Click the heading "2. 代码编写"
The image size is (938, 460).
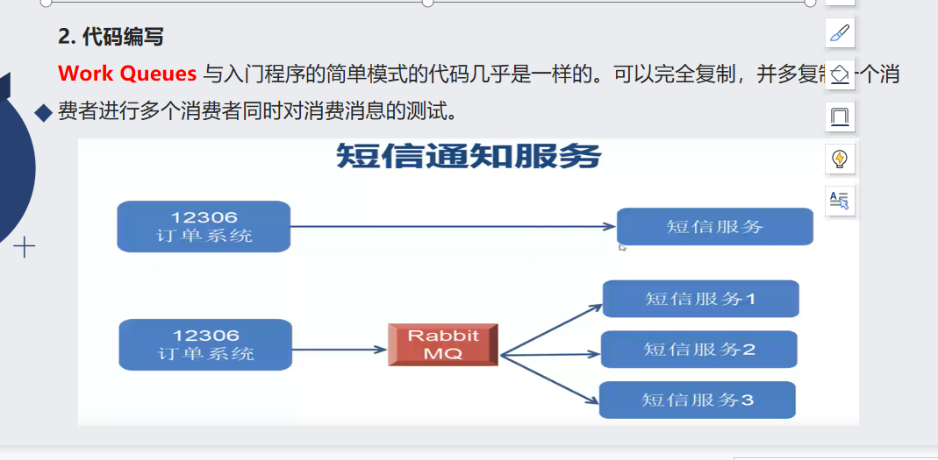pyautogui.click(x=111, y=37)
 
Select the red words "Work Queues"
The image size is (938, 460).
pyautogui.click(x=127, y=74)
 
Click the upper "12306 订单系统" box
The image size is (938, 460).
pyautogui.click(x=204, y=227)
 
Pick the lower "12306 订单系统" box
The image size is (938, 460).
pyautogui.click(x=205, y=344)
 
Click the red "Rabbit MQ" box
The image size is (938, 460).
pyautogui.click(x=443, y=344)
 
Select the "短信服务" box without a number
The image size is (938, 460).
pyautogui.click(x=715, y=227)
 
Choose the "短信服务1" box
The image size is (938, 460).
pyautogui.click(x=700, y=299)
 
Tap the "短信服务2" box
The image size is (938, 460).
pyautogui.click(x=699, y=350)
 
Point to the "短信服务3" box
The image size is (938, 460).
pyautogui.click(x=698, y=400)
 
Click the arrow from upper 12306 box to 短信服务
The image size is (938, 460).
pyautogui.click(x=452, y=227)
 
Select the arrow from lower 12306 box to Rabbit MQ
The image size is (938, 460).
pyautogui.click(x=340, y=350)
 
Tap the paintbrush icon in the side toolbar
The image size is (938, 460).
pyautogui.click(x=840, y=33)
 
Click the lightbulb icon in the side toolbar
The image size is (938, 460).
pyautogui.click(x=840, y=159)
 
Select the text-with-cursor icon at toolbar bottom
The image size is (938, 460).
pyautogui.click(x=840, y=200)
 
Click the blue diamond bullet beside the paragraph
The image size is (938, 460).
pyautogui.click(x=42, y=112)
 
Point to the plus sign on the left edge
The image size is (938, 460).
pyautogui.click(x=25, y=248)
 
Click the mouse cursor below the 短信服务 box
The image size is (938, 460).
pyautogui.click(x=622, y=248)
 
